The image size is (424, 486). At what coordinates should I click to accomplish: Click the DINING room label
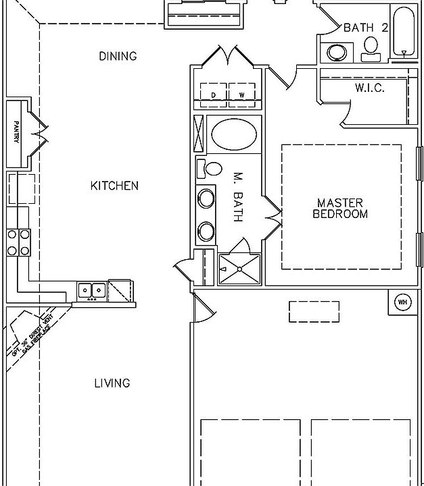click(x=118, y=56)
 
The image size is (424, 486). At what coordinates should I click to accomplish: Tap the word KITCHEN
click(x=114, y=186)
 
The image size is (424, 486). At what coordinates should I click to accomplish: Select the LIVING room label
click(x=112, y=383)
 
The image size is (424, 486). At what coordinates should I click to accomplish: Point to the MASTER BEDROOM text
click(x=340, y=209)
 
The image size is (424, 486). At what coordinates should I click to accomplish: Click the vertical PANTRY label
click(x=16, y=132)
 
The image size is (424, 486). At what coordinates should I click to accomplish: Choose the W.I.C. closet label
click(x=369, y=88)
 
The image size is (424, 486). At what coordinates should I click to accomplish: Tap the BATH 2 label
click(x=365, y=28)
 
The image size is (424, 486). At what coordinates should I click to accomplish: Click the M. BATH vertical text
click(x=237, y=196)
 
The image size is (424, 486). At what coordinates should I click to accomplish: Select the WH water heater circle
click(x=402, y=302)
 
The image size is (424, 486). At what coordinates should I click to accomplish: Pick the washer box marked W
click(x=241, y=95)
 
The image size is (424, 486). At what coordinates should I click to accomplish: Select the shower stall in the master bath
click(x=239, y=269)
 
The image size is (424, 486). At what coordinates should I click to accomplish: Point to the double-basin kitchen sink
click(x=91, y=291)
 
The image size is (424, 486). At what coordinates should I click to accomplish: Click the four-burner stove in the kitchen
click(x=18, y=242)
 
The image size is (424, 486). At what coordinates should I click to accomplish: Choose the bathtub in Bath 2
click(x=404, y=32)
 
